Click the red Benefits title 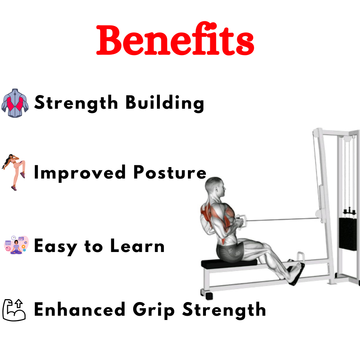pos(175,41)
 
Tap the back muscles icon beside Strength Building pos(15,103)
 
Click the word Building pos(165,104)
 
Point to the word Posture pos(170,172)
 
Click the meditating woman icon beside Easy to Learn pos(16,246)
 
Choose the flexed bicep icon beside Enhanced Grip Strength pos(14,310)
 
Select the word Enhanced pos(80,310)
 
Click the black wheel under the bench pos(208,295)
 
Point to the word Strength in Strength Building pos(76,103)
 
